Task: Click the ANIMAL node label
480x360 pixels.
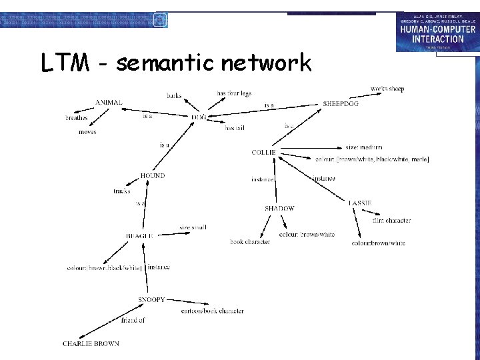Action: (109, 103)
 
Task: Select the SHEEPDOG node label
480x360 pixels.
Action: (340, 104)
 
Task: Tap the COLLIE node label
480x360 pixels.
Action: (263, 153)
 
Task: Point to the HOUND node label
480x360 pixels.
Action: (152, 176)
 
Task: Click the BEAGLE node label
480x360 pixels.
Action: (140, 236)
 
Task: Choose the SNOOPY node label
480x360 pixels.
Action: (151, 300)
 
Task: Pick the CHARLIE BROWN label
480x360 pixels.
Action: (91, 344)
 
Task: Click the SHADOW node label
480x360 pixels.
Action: (279, 209)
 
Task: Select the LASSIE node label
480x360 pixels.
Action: (360, 203)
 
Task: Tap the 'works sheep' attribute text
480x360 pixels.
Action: (387, 89)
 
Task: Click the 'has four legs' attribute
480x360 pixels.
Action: (234, 93)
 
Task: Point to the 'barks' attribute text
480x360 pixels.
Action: (174, 96)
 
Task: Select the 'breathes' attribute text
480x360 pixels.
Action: (76, 118)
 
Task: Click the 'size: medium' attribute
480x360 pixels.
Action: (364, 147)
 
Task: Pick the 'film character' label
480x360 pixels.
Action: (391, 221)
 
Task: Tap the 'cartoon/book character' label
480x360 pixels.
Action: (213, 311)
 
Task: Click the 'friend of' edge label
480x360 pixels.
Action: (133, 321)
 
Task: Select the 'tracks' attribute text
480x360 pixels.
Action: (122, 191)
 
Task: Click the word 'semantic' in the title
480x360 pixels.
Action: (165, 63)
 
